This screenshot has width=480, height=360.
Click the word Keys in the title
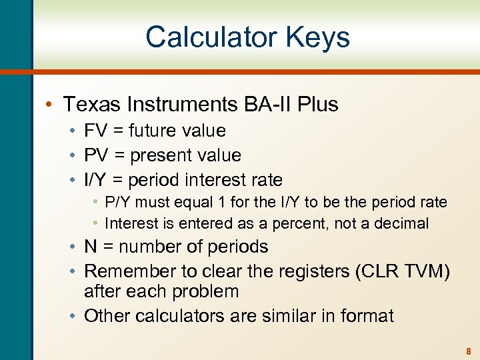(316, 37)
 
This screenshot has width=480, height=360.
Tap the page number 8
(469, 351)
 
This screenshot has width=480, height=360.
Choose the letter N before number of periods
(91, 247)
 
